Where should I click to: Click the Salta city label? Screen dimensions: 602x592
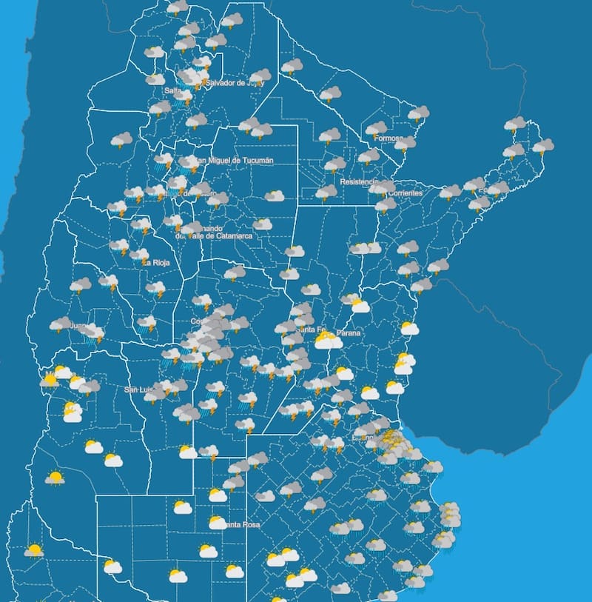pyautogui.click(x=173, y=90)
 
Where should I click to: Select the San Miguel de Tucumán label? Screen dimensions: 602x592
pyautogui.click(x=231, y=161)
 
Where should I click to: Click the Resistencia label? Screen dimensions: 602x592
pyautogui.click(x=359, y=181)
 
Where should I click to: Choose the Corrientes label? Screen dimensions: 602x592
pyautogui.click(x=408, y=193)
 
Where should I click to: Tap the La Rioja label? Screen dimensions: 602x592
pyautogui.click(x=157, y=262)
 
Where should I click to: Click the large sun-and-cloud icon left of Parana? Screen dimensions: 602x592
pyautogui.click(x=327, y=340)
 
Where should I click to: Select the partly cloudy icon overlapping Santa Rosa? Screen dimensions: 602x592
pyautogui.click(x=217, y=522)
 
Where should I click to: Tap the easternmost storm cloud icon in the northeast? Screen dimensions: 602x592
pyautogui.click(x=542, y=146)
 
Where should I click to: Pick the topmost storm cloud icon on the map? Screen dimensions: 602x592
pyautogui.click(x=177, y=7)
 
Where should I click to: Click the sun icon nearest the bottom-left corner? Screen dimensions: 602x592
pyautogui.click(x=33, y=550)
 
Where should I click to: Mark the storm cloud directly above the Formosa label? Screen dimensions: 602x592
pyautogui.click(x=376, y=128)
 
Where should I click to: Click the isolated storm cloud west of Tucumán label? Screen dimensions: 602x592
pyautogui.click(x=121, y=139)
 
